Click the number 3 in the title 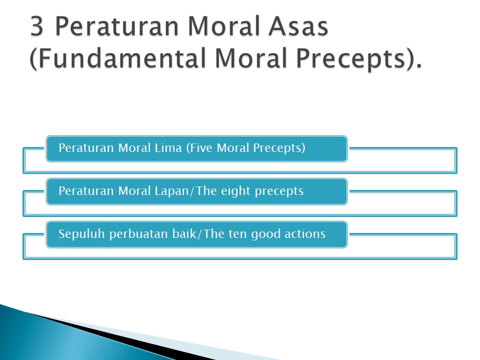coord(36,26)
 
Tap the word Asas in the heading coord(298,26)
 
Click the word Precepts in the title coord(350,60)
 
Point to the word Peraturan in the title coord(117,26)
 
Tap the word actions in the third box coord(305,234)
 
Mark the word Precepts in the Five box coord(278,148)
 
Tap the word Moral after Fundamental coord(251,58)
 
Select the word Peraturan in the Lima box coord(86,148)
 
